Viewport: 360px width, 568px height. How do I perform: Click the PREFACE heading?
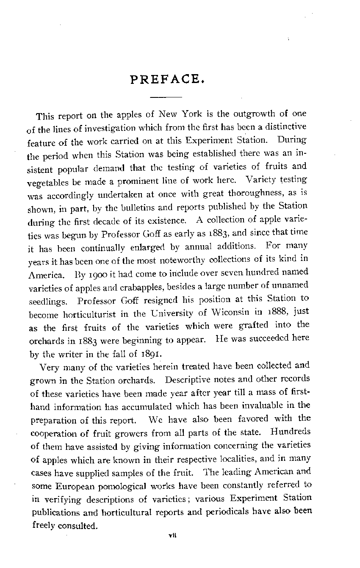tap(165, 80)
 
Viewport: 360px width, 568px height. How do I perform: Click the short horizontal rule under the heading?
tap(163, 97)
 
